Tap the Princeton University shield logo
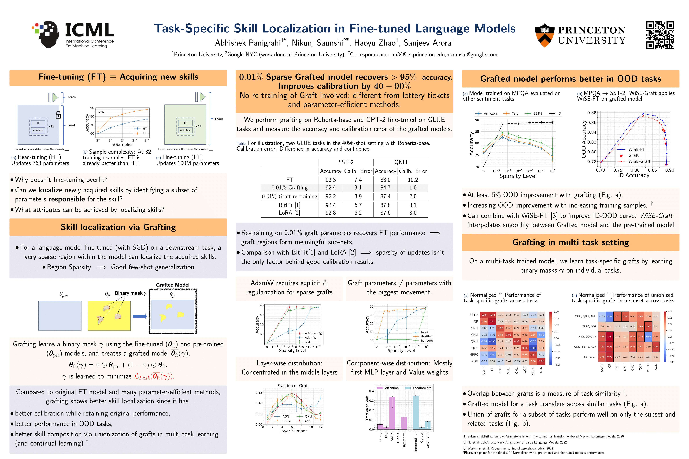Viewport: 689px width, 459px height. (545, 35)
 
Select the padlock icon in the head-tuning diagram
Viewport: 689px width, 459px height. (58, 115)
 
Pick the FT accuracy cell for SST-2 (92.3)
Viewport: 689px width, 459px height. (330, 180)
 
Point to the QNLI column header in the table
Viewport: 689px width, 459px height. (400, 162)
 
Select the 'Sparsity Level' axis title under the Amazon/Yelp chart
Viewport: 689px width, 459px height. (518, 176)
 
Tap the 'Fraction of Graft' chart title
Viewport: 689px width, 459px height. (293, 386)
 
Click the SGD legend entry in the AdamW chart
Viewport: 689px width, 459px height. (308, 342)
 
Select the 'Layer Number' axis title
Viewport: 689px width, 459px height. (293, 431)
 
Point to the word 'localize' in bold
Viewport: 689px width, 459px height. (50, 190)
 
